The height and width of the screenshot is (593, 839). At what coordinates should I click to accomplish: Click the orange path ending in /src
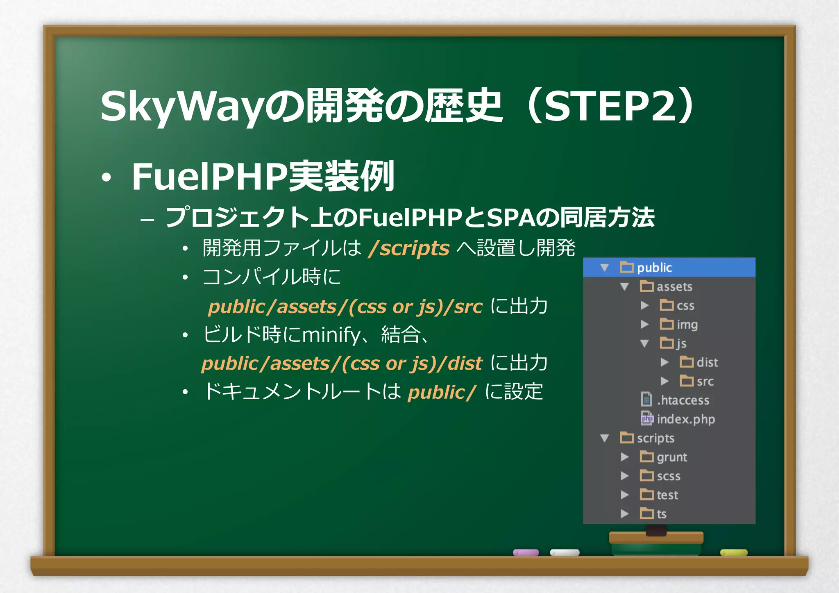tap(345, 307)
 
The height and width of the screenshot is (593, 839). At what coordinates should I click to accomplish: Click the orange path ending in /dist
tap(342, 364)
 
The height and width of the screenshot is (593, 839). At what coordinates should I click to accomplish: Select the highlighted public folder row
tap(669, 268)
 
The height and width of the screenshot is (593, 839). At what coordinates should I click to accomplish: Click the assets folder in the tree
tap(674, 286)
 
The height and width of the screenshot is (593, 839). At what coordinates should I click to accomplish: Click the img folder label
tap(687, 325)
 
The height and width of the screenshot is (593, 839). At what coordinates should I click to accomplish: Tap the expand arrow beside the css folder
tap(644, 305)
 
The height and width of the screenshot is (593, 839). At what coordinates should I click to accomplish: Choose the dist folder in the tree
tap(707, 362)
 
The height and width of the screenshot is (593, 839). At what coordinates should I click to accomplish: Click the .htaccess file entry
tap(683, 400)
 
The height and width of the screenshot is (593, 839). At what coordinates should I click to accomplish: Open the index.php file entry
tap(685, 419)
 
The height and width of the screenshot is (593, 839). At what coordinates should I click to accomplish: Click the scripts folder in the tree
tap(655, 438)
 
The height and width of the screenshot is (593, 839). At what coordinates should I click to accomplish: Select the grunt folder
tap(671, 457)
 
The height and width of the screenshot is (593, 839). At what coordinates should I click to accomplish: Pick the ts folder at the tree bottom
tap(661, 514)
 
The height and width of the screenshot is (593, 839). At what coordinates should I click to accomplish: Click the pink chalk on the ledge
tap(526, 552)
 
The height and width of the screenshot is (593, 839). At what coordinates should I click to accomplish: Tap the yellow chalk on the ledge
tap(733, 552)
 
